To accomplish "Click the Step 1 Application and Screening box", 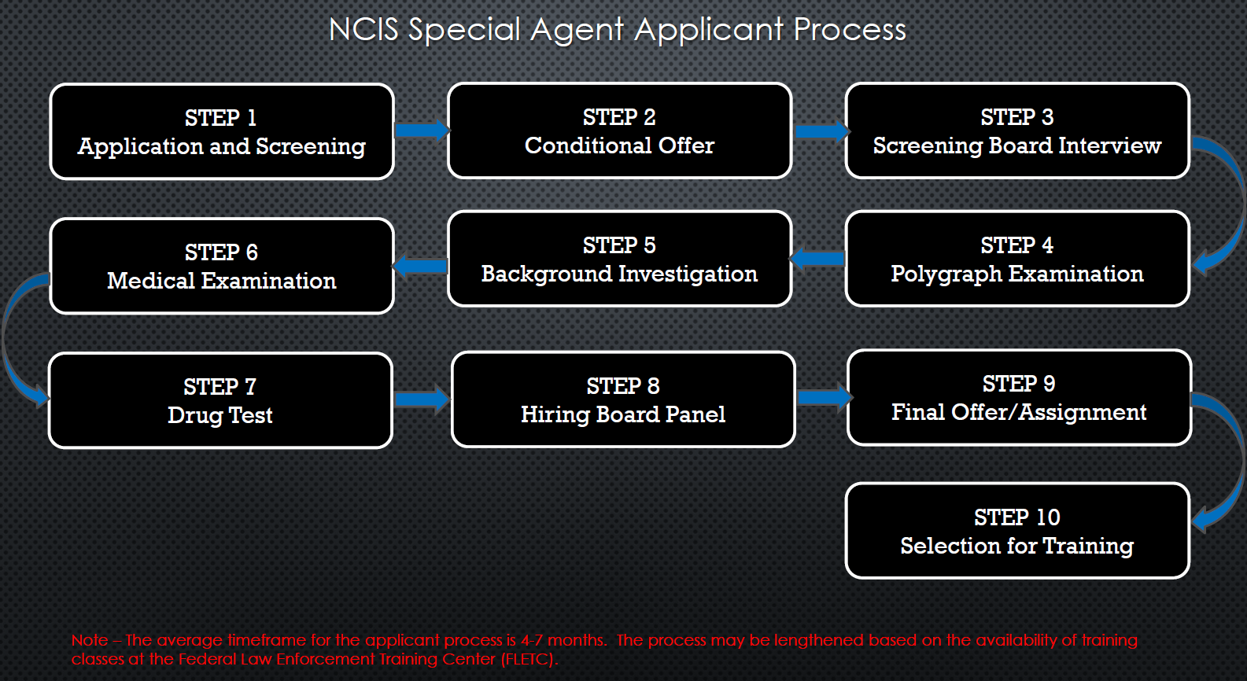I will [221, 131].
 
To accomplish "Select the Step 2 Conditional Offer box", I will [619, 131].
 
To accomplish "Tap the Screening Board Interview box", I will [1016, 131].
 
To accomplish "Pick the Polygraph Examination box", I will [1016, 259].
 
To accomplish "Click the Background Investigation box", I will [619, 259].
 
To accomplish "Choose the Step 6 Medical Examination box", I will [221, 266].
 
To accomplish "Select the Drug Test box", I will [220, 400].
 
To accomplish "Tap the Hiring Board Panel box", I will [623, 399].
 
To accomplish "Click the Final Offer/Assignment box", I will [1019, 397].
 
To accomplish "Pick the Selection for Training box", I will [1016, 531].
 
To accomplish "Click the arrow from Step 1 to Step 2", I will [421, 130].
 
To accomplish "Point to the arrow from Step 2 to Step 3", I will [820, 131].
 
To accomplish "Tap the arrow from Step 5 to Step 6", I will [421, 266].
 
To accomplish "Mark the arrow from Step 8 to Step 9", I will [823, 397].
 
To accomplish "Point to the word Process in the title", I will [850, 30].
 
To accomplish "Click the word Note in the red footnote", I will [90, 640].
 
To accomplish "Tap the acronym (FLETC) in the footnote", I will [529, 659].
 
